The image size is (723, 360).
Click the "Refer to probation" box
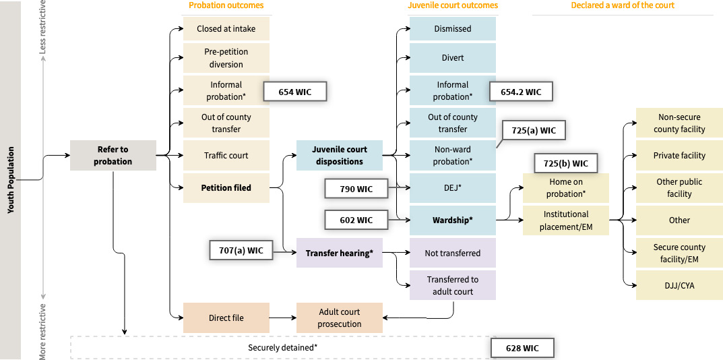113,155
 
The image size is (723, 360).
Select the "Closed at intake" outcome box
226,29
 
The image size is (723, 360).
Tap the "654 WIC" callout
294,92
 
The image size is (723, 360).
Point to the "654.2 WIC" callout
525,92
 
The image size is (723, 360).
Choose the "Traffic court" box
226,155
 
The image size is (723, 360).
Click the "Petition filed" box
226,188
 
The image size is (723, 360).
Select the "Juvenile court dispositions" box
340,155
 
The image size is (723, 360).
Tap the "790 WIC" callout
356,188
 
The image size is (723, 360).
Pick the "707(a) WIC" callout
241,251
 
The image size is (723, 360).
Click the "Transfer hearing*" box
340,253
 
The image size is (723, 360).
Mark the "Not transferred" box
453,253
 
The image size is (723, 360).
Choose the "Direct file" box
226,318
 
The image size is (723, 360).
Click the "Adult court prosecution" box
340,318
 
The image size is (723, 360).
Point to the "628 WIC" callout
522,348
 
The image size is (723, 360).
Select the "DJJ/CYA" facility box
679,285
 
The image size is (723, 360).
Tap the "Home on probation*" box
566,187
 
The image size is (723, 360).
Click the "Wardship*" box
453,220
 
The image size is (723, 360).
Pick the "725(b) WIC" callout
566,163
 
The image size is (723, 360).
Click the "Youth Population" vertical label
10,180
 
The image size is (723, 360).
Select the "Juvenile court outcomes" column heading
453,5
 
